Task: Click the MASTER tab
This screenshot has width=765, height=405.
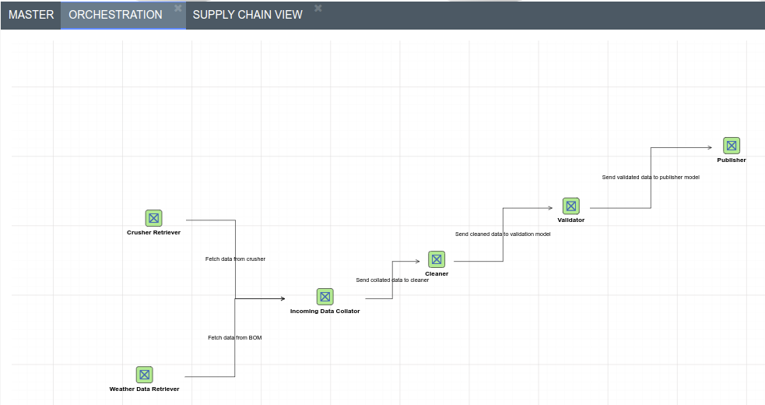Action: (31, 15)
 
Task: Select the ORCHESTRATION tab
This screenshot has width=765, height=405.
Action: (115, 15)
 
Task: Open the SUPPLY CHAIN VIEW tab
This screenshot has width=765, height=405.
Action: (247, 15)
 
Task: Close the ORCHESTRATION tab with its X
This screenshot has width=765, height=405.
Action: (178, 8)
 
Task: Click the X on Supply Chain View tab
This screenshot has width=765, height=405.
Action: (318, 8)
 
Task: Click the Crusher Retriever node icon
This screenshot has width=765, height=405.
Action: (153, 218)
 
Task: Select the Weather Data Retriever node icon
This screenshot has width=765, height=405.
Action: (144, 375)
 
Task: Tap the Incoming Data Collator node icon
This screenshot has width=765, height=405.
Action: (325, 297)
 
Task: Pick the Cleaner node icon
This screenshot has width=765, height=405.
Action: (437, 259)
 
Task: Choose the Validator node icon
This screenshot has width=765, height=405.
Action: (571, 206)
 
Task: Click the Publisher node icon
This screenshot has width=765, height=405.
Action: (732, 146)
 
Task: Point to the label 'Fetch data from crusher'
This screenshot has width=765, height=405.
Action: (235, 259)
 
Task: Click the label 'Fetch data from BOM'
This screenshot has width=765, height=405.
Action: (234, 337)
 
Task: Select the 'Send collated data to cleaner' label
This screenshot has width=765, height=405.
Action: (392, 280)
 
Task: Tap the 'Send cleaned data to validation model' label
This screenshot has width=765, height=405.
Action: (503, 234)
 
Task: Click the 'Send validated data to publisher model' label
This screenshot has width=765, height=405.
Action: (651, 177)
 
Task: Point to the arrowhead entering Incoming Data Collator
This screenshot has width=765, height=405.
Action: (282, 298)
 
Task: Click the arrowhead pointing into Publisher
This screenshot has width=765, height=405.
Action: (709, 147)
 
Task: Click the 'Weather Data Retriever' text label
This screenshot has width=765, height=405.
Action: (144, 389)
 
